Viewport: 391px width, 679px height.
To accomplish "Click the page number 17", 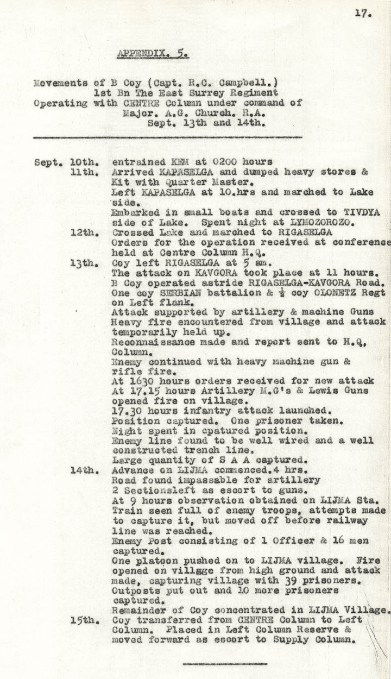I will point(363,14).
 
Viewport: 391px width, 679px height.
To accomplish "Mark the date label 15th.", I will point(84,620).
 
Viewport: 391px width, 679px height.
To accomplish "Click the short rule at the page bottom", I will point(225,663).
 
